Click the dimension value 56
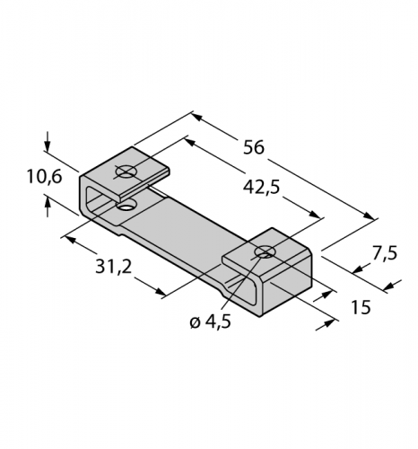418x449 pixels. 254,147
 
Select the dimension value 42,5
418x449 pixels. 261,188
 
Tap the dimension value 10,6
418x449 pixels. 44,176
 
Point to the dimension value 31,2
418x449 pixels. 114,267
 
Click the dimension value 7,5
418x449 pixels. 385,253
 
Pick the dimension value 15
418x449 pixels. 361,307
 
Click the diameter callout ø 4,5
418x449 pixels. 211,322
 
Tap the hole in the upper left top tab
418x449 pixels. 126,172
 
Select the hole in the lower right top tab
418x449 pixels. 265,251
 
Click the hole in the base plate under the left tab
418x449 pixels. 126,207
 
